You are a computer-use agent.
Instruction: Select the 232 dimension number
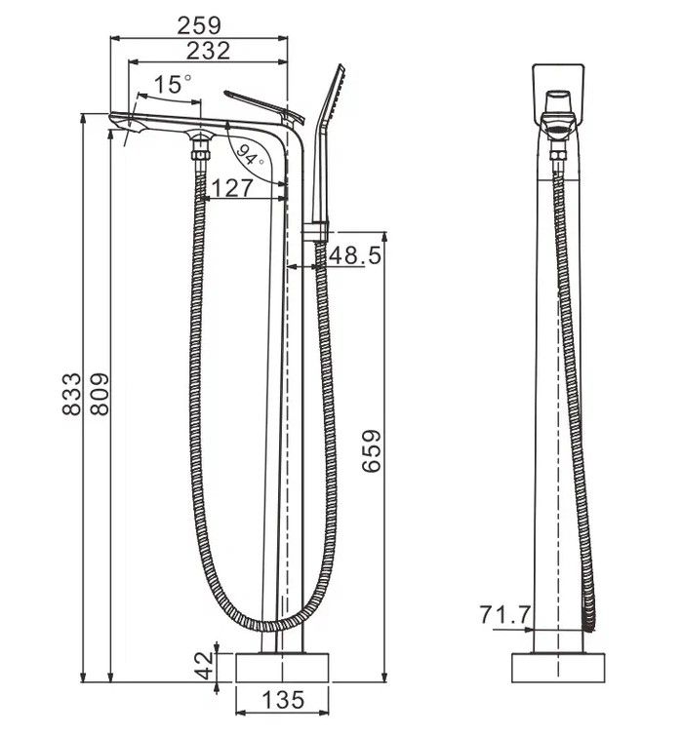tap(209, 51)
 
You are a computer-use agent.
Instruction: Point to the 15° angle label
tap(171, 85)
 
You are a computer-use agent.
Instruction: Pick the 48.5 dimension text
tap(354, 255)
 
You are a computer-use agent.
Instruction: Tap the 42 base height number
tap(203, 668)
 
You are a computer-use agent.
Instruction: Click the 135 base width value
tap(283, 700)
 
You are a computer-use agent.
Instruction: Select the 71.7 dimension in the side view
tap(505, 614)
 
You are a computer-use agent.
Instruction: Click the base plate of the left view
tap(283, 668)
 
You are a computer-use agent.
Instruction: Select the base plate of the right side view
tap(557, 668)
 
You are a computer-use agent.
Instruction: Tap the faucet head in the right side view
tap(558, 97)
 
